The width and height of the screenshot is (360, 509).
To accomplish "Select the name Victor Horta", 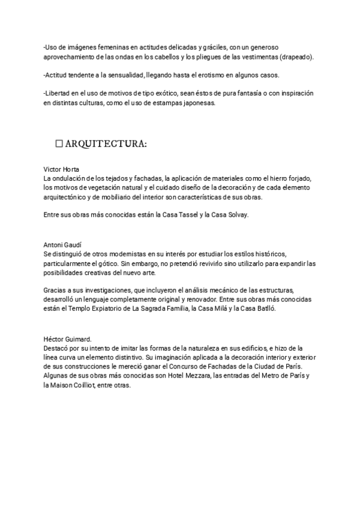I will tap(62, 169).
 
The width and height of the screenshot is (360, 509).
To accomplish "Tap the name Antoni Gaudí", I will tap(62, 245).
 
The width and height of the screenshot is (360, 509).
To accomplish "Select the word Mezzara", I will tap(188, 376).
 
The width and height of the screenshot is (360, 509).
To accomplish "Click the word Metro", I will tap(268, 376).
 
